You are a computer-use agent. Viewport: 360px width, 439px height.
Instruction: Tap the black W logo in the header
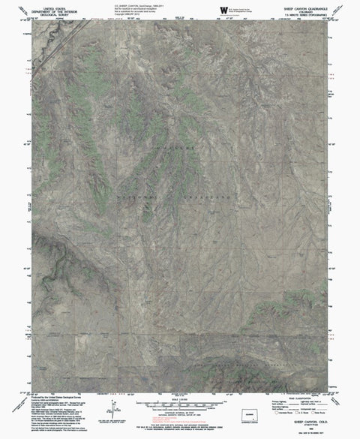tap(224, 9)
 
